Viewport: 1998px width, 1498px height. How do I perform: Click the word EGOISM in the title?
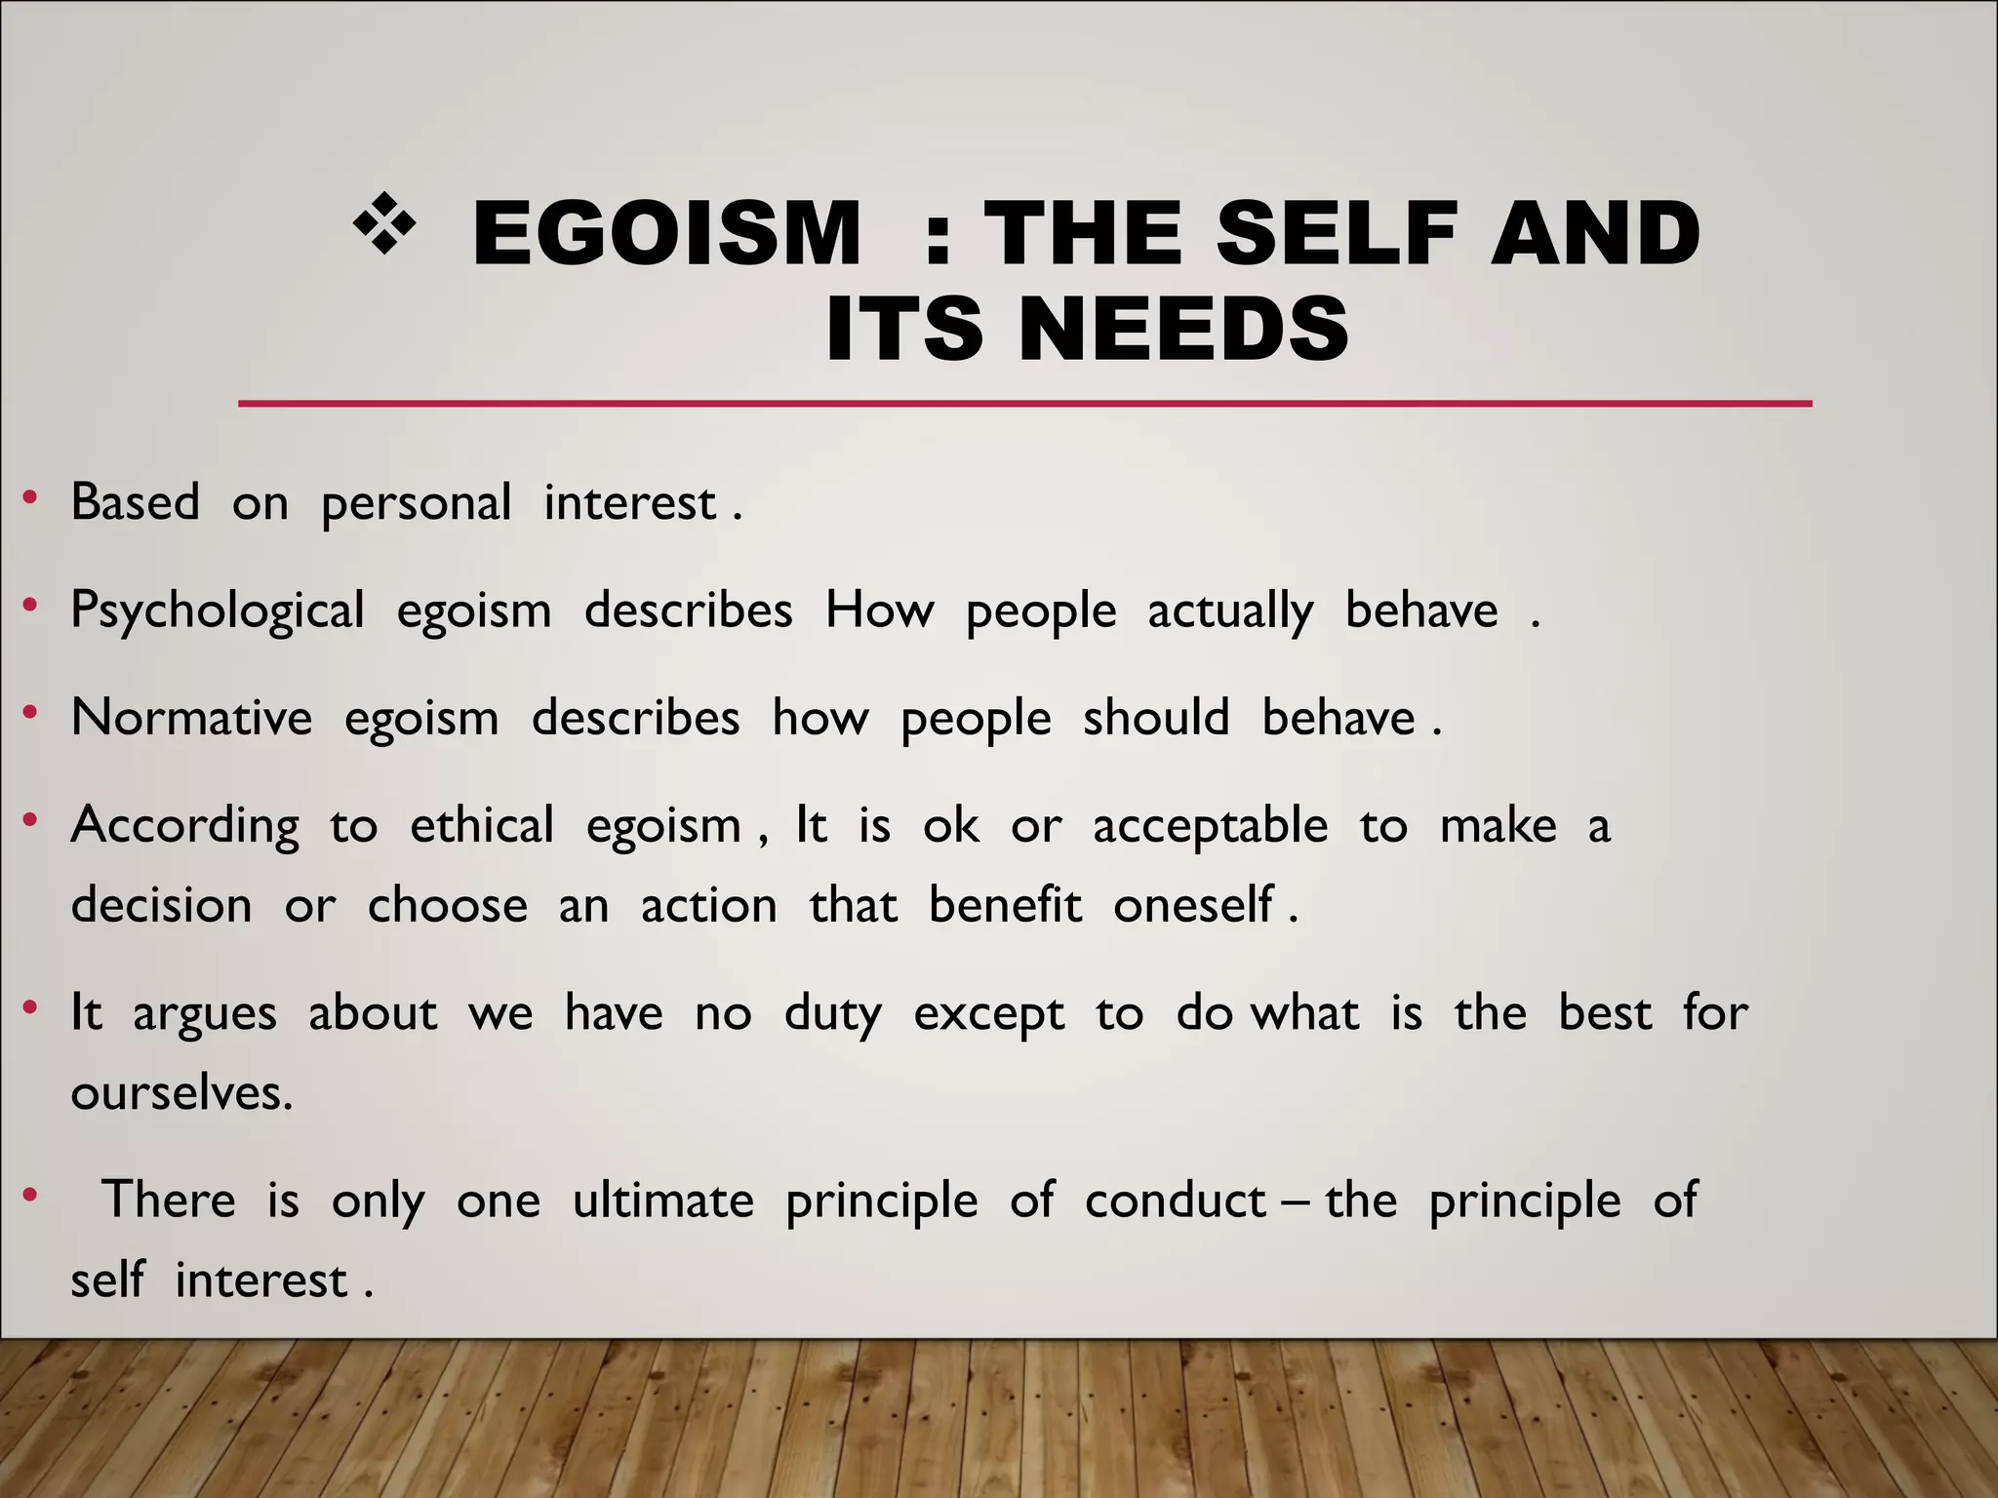point(666,233)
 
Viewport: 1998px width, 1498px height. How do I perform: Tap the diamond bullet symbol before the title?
point(384,224)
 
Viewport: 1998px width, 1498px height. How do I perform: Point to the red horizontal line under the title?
point(1024,403)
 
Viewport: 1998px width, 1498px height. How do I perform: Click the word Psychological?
point(218,612)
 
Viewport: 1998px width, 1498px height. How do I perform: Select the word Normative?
point(192,718)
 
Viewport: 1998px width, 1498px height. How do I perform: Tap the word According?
point(185,827)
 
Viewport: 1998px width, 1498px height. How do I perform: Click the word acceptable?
point(1210,827)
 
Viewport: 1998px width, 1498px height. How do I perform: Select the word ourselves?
point(180,1092)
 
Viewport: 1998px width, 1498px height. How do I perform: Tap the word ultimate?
point(662,1200)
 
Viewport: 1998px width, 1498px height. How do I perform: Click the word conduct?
point(1175,1200)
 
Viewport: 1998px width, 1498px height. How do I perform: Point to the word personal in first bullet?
point(416,504)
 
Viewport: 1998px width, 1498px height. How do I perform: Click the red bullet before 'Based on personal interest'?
point(31,499)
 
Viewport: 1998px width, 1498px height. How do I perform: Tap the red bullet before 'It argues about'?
point(31,1007)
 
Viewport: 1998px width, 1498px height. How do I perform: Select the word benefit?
point(1004,905)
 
